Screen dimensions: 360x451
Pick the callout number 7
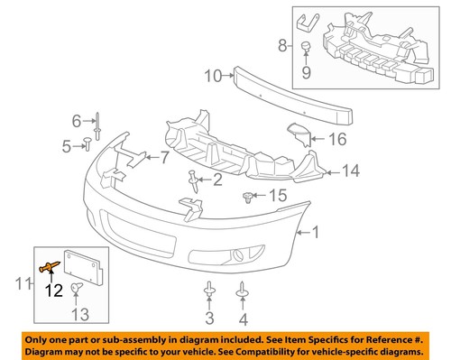pyautogui.click(x=164, y=158)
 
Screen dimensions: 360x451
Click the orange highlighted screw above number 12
pyautogui.click(x=51, y=264)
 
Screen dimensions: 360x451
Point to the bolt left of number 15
pyautogui.click(x=250, y=195)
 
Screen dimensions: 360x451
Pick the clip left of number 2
pyautogui.click(x=195, y=180)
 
